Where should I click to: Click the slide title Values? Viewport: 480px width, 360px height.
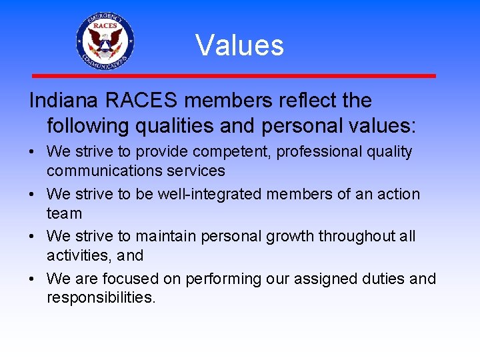240,45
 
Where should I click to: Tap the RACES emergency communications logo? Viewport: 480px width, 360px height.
105,41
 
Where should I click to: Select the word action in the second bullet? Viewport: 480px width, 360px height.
397,195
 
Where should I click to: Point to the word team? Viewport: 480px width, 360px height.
64,213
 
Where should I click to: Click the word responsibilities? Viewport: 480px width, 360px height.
101,297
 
